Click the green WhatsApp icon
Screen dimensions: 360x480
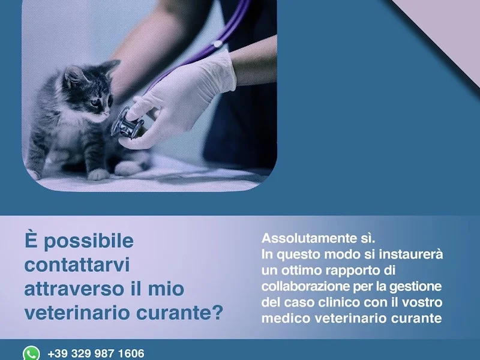31,353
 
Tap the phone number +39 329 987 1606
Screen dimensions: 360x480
96,353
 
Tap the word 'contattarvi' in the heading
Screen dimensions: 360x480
77,265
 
